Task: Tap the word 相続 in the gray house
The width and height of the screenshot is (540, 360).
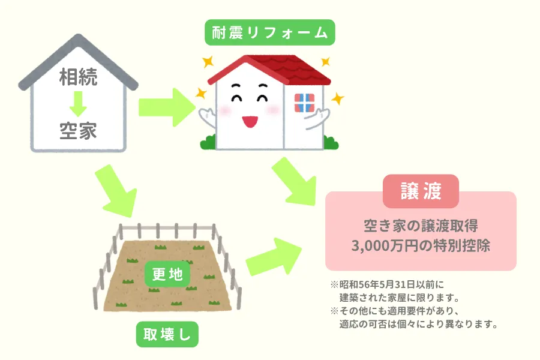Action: click(78, 77)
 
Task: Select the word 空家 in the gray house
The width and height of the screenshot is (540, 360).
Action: click(78, 131)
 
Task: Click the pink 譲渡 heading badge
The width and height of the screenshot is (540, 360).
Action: click(421, 192)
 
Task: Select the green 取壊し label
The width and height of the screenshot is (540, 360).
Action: click(167, 334)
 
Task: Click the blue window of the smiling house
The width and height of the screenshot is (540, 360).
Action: click(304, 103)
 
